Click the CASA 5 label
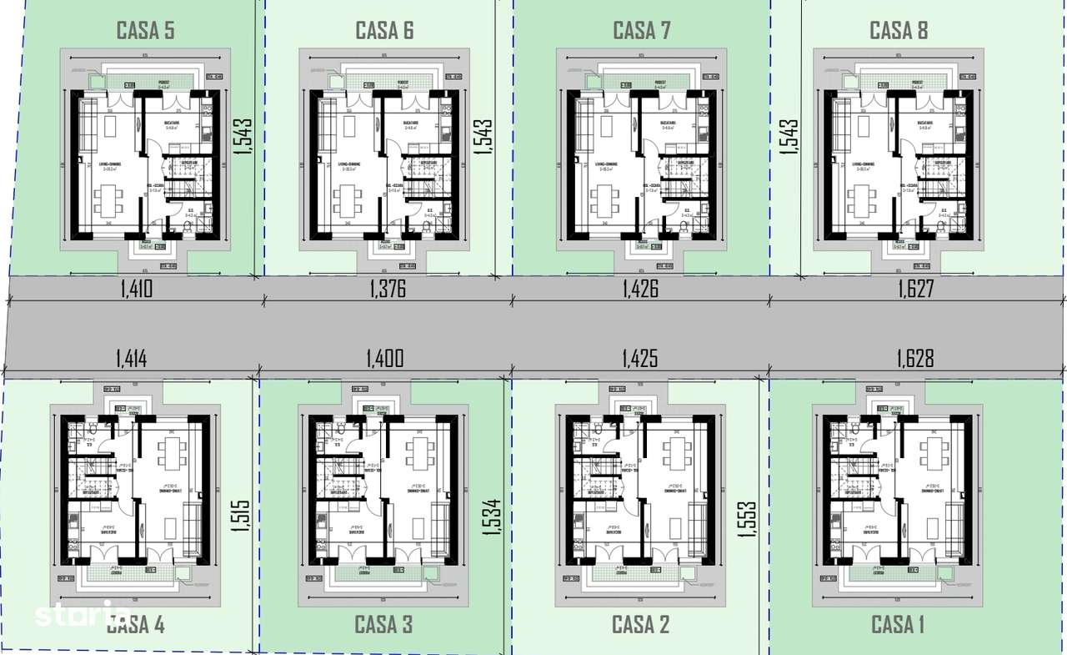pyautogui.click(x=145, y=32)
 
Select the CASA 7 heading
pyautogui.click(x=641, y=32)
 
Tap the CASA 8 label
pyautogui.click(x=899, y=32)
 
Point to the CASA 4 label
pyautogui.click(x=136, y=624)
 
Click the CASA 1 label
pyautogui.click(x=898, y=624)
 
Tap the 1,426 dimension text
pyautogui.click(x=640, y=290)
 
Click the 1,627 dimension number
pyautogui.click(x=915, y=290)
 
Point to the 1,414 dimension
pyautogui.click(x=132, y=359)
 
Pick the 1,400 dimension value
pyautogui.click(x=384, y=359)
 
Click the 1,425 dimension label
pyautogui.click(x=639, y=359)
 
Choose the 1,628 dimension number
pyautogui.click(x=915, y=359)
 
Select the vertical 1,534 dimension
pyautogui.click(x=493, y=516)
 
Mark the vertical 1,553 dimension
pyautogui.click(x=747, y=518)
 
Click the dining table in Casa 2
pyautogui.click(x=674, y=453)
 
